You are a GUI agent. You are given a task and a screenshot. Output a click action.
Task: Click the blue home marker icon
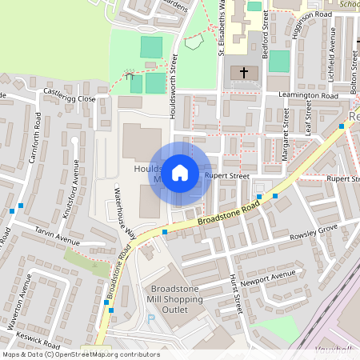[180, 172]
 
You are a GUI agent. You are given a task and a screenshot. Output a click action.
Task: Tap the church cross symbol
[244, 73]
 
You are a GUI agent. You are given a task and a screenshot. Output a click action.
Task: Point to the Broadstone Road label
[230, 212]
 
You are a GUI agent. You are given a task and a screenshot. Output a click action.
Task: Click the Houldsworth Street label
[173, 86]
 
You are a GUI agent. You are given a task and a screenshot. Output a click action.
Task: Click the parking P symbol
[151, 319]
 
